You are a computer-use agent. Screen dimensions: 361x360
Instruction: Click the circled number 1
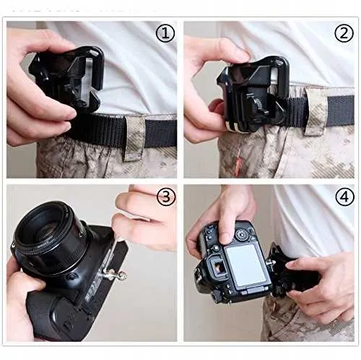point(165,34)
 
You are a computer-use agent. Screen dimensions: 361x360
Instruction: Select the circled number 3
point(166,197)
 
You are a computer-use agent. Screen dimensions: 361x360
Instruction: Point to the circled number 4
point(344,197)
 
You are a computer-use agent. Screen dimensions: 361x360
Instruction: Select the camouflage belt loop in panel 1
point(134,137)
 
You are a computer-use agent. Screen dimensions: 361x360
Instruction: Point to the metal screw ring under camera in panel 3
point(122,275)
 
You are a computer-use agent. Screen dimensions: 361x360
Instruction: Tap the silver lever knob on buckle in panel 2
point(256,103)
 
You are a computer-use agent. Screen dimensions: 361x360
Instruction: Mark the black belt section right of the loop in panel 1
point(161,133)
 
